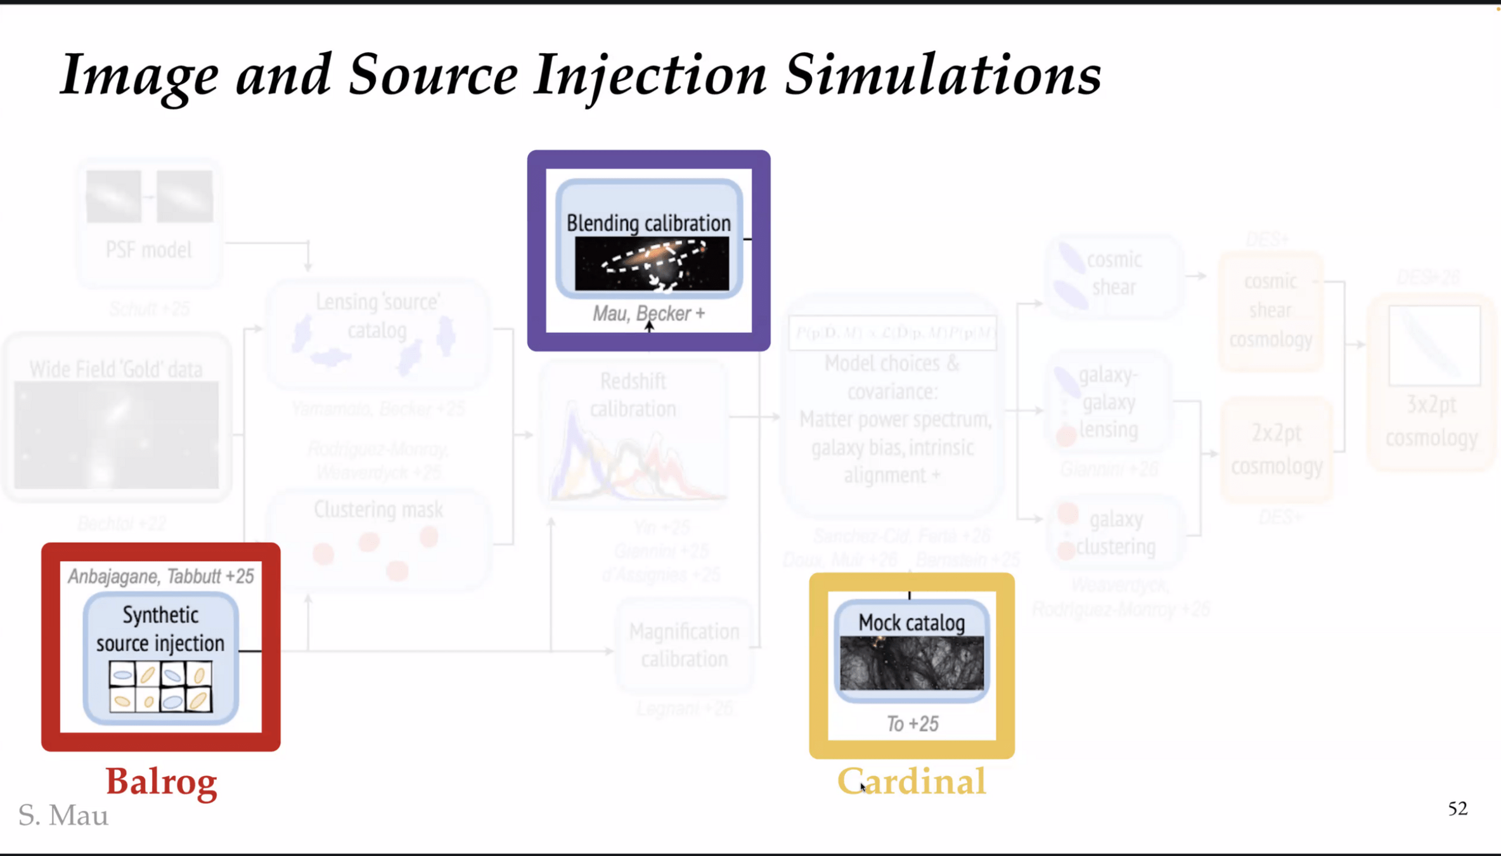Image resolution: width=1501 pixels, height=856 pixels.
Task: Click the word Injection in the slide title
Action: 650,76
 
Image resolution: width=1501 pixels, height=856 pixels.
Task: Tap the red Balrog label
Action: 161,781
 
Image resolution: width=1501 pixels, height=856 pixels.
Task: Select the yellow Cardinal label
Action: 912,781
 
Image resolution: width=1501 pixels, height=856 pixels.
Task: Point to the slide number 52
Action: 1457,808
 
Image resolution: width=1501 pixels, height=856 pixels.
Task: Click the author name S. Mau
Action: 63,815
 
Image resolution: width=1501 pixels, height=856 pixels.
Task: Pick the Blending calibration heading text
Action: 648,223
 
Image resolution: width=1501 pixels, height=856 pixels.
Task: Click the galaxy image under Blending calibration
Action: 652,264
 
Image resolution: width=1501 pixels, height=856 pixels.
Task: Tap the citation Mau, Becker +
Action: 648,313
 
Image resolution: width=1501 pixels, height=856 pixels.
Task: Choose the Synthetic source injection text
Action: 160,629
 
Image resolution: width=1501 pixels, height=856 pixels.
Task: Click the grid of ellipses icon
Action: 160,687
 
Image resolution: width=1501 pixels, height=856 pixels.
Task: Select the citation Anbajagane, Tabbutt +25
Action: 161,576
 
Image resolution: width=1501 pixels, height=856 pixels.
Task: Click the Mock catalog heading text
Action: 912,623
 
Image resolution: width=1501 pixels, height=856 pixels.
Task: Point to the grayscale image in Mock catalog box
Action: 912,663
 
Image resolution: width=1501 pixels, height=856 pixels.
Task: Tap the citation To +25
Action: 912,724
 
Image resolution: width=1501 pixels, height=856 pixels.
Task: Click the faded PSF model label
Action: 148,250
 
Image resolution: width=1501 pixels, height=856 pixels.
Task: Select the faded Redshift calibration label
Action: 633,395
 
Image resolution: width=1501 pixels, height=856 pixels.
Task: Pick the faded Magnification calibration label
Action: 684,645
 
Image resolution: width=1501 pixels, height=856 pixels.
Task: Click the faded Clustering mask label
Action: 378,510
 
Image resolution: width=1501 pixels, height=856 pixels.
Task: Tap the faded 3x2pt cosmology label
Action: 1431,421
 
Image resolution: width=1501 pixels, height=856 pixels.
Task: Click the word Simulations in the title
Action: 943,76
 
